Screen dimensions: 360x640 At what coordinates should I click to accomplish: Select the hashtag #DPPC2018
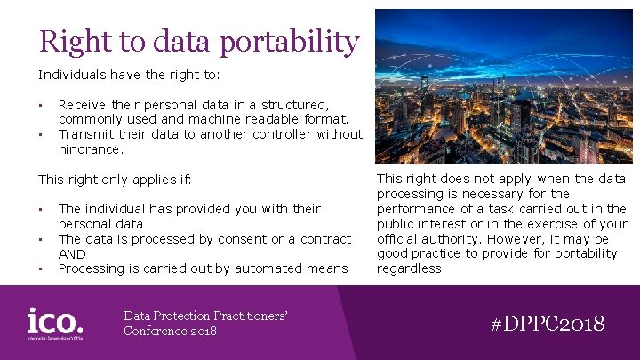click(x=548, y=323)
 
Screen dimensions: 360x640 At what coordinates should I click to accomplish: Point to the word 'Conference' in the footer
click(x=154, y=332)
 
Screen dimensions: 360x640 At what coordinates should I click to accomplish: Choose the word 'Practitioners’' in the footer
click(x=251, y=316)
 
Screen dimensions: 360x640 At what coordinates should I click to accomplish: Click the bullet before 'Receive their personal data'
click(x=41, y=105)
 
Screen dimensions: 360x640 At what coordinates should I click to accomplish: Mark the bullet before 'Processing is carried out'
click(x=41, y=269)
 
